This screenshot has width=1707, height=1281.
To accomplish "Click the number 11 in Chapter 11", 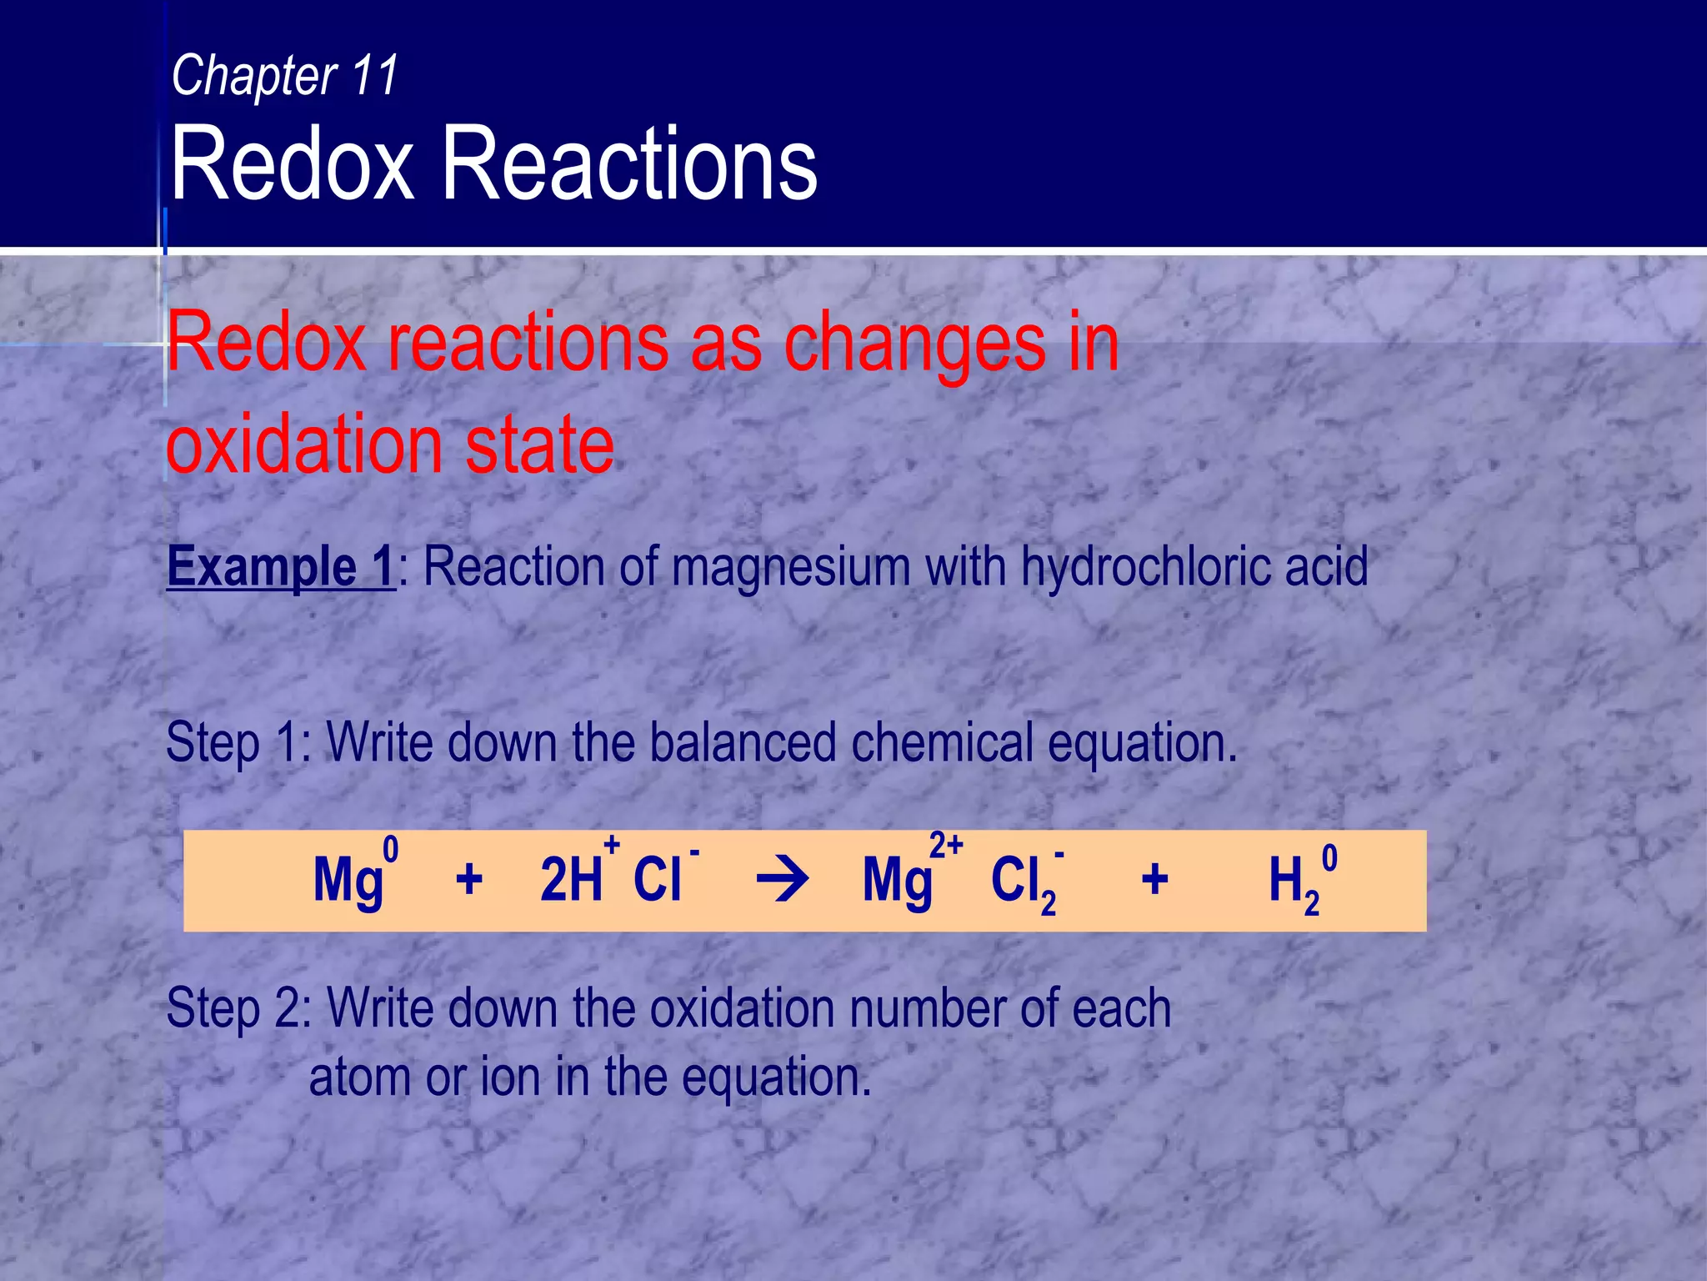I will point(375,75).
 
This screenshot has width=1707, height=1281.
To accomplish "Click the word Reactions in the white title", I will point(629,163).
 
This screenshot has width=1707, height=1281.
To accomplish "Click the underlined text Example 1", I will point(281,567).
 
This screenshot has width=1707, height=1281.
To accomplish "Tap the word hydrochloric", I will point(1146,567).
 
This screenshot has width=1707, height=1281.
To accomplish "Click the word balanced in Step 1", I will point(742,742).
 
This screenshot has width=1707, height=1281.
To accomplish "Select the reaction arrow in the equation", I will point(782,881).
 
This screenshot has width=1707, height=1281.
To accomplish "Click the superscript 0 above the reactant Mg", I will point(390,851).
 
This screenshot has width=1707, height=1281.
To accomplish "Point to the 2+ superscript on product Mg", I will point(947,846).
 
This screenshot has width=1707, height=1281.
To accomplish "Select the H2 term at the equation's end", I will point(1292,884).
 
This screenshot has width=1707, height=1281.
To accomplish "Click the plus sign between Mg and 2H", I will point(469,880).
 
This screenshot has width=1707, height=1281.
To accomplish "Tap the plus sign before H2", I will point(1154,880).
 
